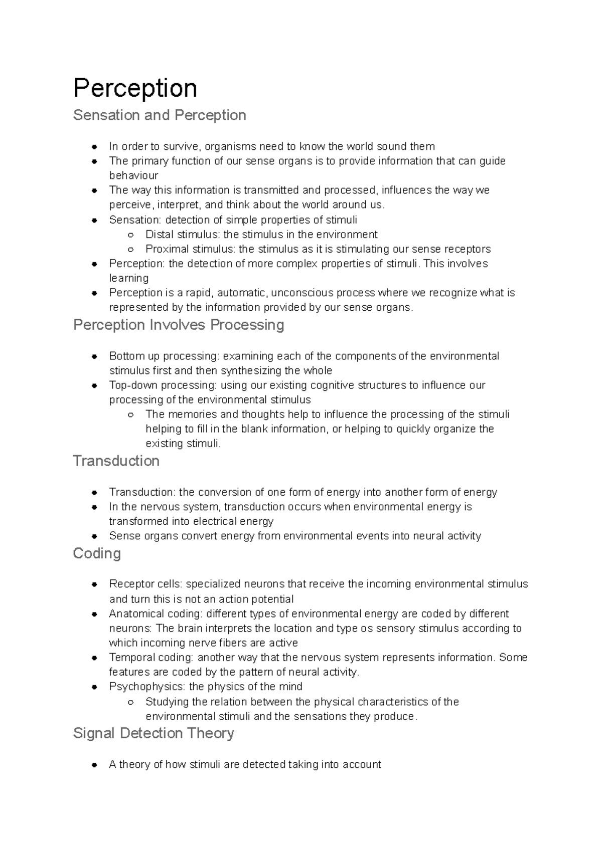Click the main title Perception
[x=135, y=88]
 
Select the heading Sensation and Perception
[x=160, y=115]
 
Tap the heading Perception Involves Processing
[x=179, y=325]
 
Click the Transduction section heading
[x=116, y=461]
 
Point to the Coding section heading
[x=97, y=553]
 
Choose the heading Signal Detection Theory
[x=154, y=733]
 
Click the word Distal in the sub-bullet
[x=159, y=235]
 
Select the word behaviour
[x=133, y=175]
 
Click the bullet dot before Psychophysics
[x=94, y=687]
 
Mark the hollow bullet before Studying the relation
[x=130, y=702]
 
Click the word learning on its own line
[x=129, y=278]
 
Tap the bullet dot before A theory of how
[x=94, y=765]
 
